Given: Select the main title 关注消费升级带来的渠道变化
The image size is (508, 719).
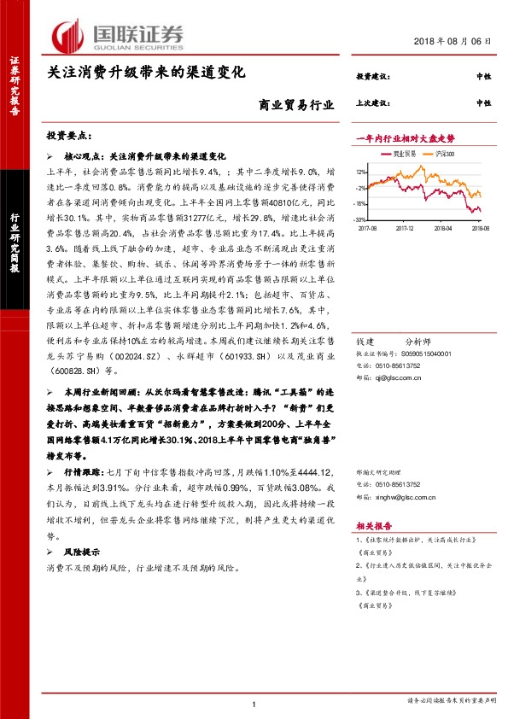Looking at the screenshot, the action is [x=146, y=73].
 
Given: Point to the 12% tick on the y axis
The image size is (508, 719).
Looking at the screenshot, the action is [x=361, y=172].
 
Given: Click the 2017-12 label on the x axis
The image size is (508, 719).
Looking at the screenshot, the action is [x=404, y=229].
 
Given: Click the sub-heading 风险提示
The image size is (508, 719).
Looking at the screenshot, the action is [x=82, y=552].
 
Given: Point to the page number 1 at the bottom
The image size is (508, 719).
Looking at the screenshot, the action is [x=254, y=703].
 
